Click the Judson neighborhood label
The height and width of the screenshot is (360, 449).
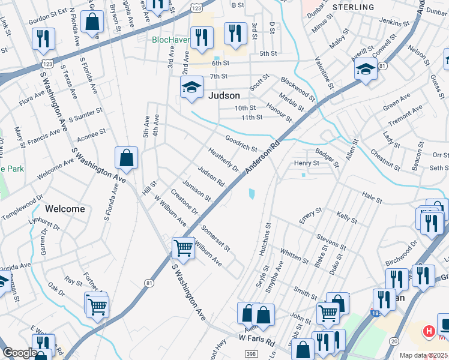(224, 95)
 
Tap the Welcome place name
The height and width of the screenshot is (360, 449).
(65, 209)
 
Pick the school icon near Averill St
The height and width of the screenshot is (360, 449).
(366, 70)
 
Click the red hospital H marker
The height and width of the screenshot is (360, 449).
(429, 331)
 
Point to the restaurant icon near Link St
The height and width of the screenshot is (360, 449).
(43, 39)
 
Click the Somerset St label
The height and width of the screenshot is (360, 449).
(215, 237)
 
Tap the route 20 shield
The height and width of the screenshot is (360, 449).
(394, 341)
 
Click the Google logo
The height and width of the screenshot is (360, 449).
(20, 353)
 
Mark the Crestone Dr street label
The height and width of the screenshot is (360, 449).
(184, 202)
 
